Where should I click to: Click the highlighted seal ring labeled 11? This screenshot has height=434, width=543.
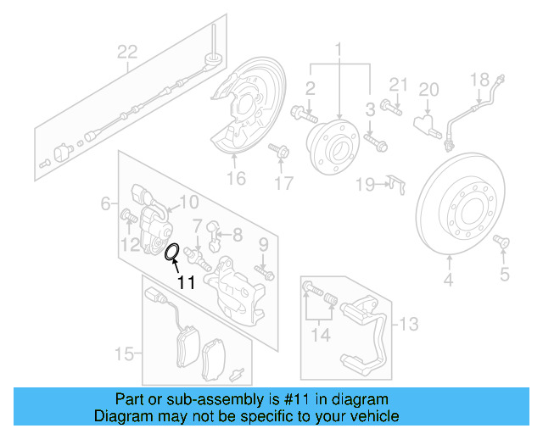coord(171,251)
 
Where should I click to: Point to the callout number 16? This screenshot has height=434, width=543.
coord(235,178)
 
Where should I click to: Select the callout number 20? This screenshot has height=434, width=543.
coord(428,90)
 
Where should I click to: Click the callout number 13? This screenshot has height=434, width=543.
coord(409,323)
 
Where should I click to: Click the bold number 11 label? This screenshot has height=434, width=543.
coord(186,283)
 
